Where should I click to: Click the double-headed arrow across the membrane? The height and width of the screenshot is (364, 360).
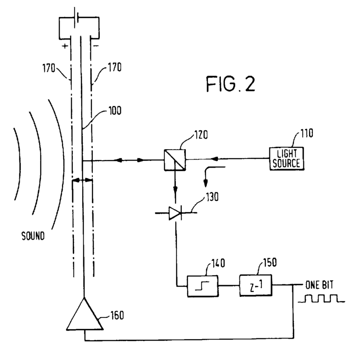point(82,180)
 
